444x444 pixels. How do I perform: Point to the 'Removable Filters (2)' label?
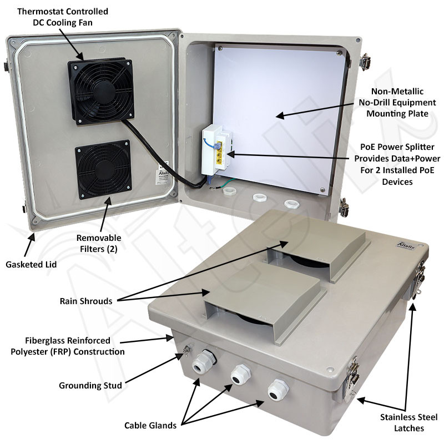click(x=99, y=243)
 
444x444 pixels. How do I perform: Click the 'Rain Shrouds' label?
click(x=86, y=301)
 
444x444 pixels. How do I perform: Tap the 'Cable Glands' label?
click(x=150, y=426)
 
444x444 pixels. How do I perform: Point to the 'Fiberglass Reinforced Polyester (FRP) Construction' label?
click(x=67, y=346)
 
